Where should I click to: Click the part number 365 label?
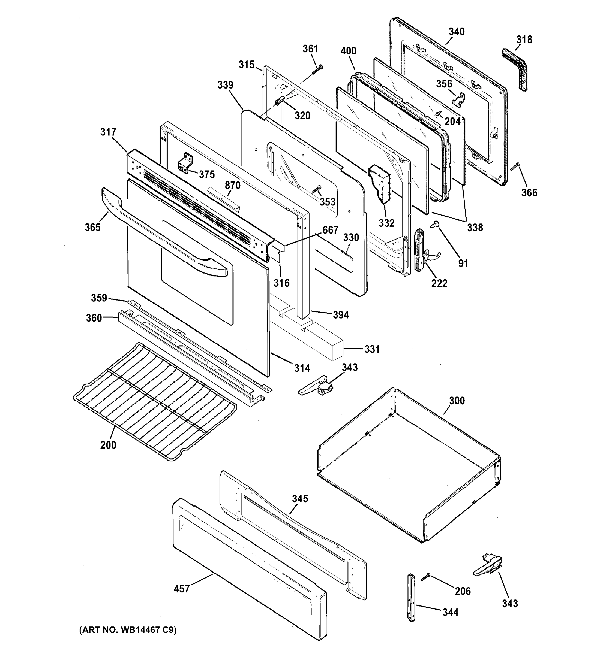(92, 227)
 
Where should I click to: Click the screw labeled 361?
(318, 69)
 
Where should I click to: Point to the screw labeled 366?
(515, 166)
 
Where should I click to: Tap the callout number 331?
(372, 349)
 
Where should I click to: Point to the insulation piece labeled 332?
(380, 184)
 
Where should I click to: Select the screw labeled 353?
(316, 189)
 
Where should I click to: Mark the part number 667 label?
(330, 230)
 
